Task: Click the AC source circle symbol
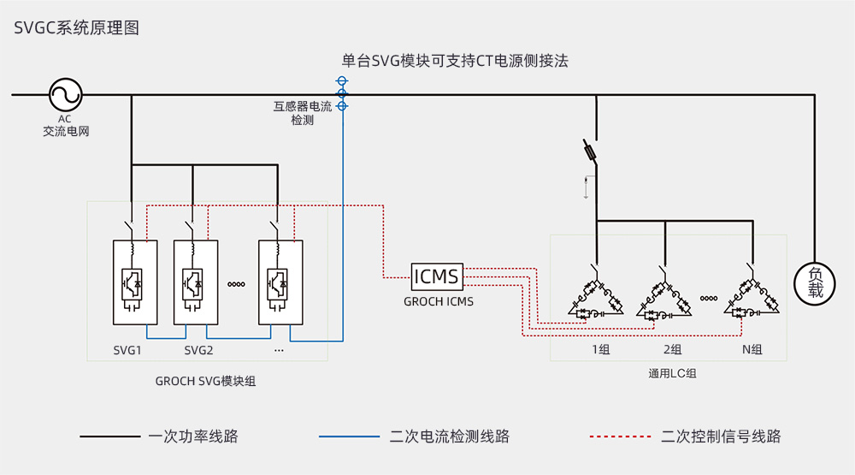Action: coord(63,94)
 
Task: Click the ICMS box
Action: coord(436,276)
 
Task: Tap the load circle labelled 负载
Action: coord(815,282)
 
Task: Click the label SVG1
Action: coord(127,350)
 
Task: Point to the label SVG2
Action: coord(198,350)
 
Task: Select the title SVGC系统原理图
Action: coord(76,27)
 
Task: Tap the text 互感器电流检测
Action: coord(303,114)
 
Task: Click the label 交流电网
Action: coord(66,132)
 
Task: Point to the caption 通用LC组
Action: coord(673,373)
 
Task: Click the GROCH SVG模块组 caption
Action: coord(205,381)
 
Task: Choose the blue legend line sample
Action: coord(349,436)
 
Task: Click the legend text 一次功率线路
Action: coord(192,436)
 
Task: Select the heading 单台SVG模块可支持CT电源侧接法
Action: coord(455,61)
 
